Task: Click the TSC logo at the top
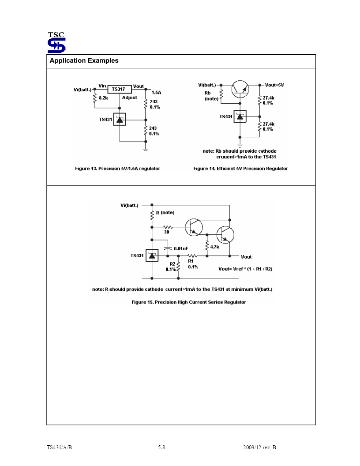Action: point(56,42)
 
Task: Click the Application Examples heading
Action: point(84,60)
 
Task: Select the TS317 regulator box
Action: point(120,89)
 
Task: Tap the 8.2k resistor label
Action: point(103,98)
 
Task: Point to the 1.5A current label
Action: point(156,92)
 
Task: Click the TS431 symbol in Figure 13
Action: point(120,119)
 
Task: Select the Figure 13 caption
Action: point(118,169)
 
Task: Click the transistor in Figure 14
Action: point(240,89)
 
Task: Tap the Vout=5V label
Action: point(274,85)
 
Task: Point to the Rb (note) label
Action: point(211,96)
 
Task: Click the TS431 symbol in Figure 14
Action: point(240,116)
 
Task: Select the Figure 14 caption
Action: point(240,169)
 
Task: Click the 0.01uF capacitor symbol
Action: point(168,248)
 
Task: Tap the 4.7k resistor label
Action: point(215,247)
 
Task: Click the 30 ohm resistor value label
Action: point(167,232)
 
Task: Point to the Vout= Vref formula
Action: point(245,269)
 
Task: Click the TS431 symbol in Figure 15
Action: point(152,256)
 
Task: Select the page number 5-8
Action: point(161,447)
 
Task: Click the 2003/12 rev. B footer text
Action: point(259,447)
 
